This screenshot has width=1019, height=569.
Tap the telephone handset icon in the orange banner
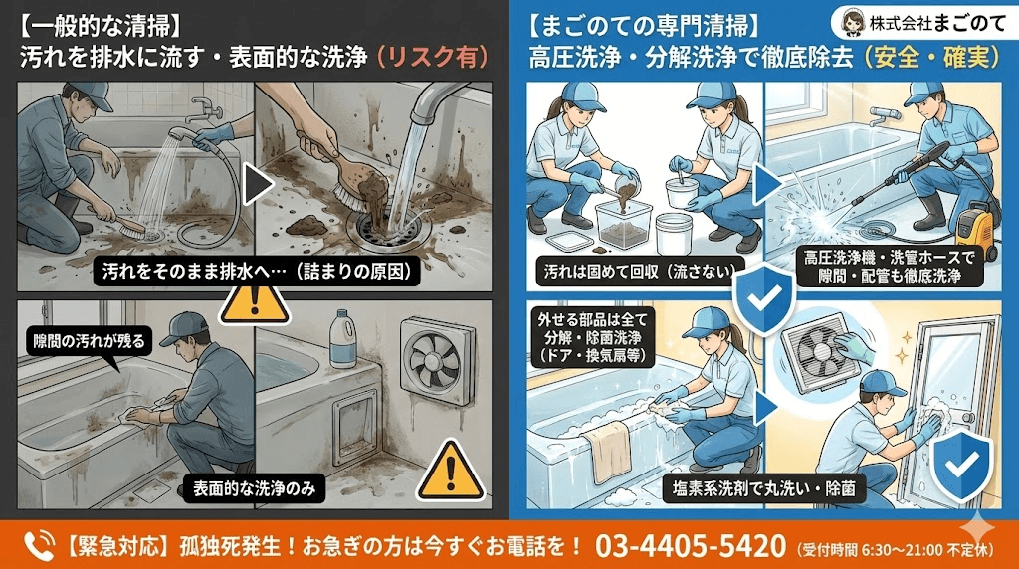coord(37,545)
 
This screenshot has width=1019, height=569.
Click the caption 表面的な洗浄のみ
coord(252,488)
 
